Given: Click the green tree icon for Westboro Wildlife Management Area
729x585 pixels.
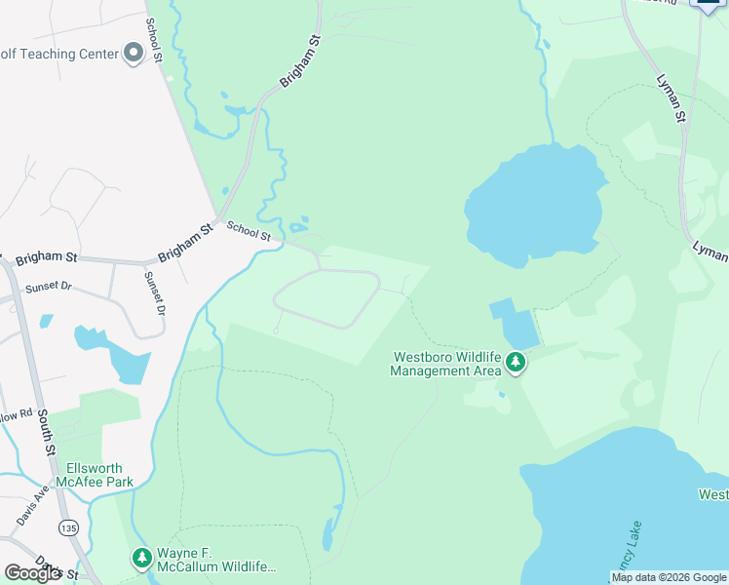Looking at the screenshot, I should (516, 365).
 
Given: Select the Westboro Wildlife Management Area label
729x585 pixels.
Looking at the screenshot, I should (446, 364).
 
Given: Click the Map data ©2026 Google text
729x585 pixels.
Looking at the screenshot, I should (669, 578).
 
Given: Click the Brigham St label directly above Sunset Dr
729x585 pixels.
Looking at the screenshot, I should (45, 257).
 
